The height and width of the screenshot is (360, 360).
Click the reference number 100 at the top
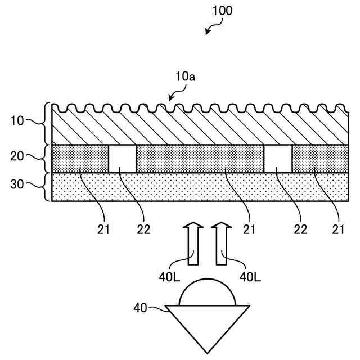222,11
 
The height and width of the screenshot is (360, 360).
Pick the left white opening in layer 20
122,159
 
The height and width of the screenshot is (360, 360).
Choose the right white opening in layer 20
278,159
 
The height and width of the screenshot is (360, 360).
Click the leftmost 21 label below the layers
103,229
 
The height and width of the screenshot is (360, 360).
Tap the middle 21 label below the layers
249,229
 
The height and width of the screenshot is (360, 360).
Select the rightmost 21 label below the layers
337,229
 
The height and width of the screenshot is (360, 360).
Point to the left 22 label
144,229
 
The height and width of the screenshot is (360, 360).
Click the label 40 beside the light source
141,308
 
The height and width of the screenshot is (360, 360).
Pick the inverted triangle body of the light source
207,323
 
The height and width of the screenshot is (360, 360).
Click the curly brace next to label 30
47,186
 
